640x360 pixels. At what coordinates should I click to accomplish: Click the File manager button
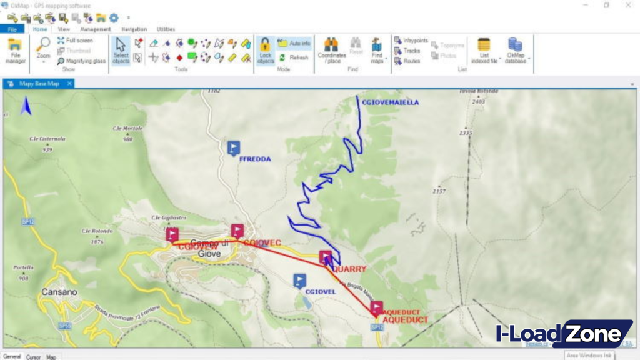click(x=16, y=51)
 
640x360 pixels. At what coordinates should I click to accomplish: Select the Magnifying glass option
click(x=81, y=61)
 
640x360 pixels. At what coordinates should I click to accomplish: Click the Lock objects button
click(x=265, y=51)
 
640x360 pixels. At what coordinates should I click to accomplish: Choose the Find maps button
click(x=377, y=51)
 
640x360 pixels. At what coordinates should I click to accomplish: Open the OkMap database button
click(x=516, y=51)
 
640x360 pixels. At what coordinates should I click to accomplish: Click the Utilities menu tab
click(x=166, y=29)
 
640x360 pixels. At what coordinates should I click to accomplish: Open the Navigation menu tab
click(x=134, y=29)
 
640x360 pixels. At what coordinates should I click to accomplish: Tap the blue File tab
click(x=12, y=29)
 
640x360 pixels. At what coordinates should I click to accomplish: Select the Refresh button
click(x=294, y=57)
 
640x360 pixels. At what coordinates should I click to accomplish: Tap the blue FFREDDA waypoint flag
click(x=234, y=148)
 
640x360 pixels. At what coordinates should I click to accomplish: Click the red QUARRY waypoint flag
click(x=326, y=257)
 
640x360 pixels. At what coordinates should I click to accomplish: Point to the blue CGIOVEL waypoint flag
click(x=300, y=281)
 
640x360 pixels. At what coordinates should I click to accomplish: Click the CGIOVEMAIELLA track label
click(x=391, y=102)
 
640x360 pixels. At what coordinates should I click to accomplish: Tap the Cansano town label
click(x=59, y=292)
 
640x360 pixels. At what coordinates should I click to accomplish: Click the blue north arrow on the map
click(x=26, y=107)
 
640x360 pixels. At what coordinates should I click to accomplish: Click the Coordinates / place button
click(x=331, y=51)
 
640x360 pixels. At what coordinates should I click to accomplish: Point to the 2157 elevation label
click(x=439, y=191)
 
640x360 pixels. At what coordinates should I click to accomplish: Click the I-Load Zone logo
click(x=562, y=334)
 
